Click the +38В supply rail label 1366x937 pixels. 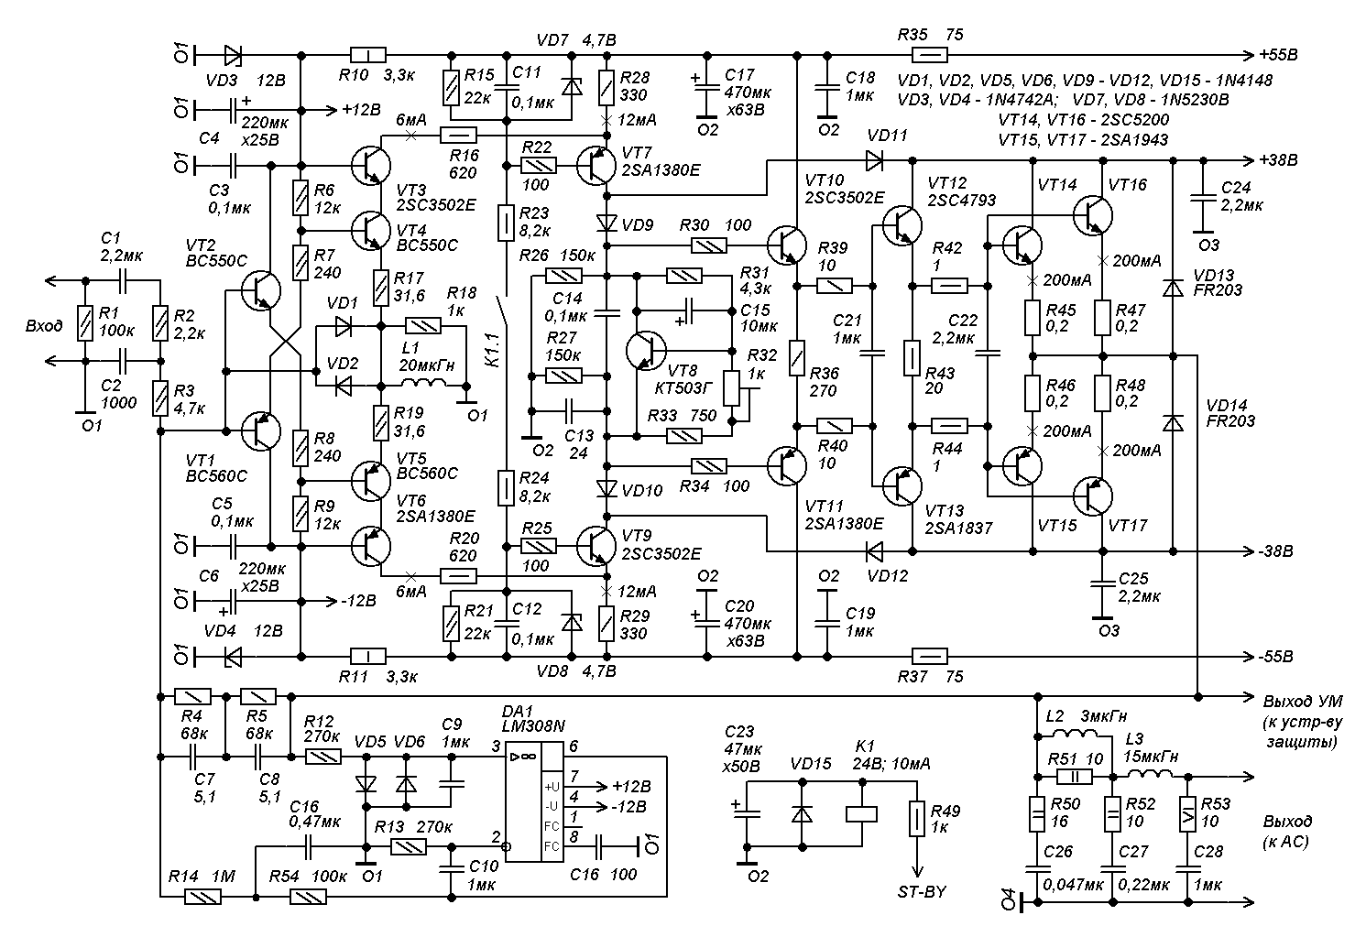(1278, 160)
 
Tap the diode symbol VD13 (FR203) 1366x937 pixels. (1172, 288)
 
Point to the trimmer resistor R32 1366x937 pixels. (732, 388)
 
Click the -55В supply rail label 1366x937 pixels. (1275, 657)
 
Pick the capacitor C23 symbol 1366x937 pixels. (747, 812)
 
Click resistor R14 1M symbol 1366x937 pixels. (202, 899)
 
